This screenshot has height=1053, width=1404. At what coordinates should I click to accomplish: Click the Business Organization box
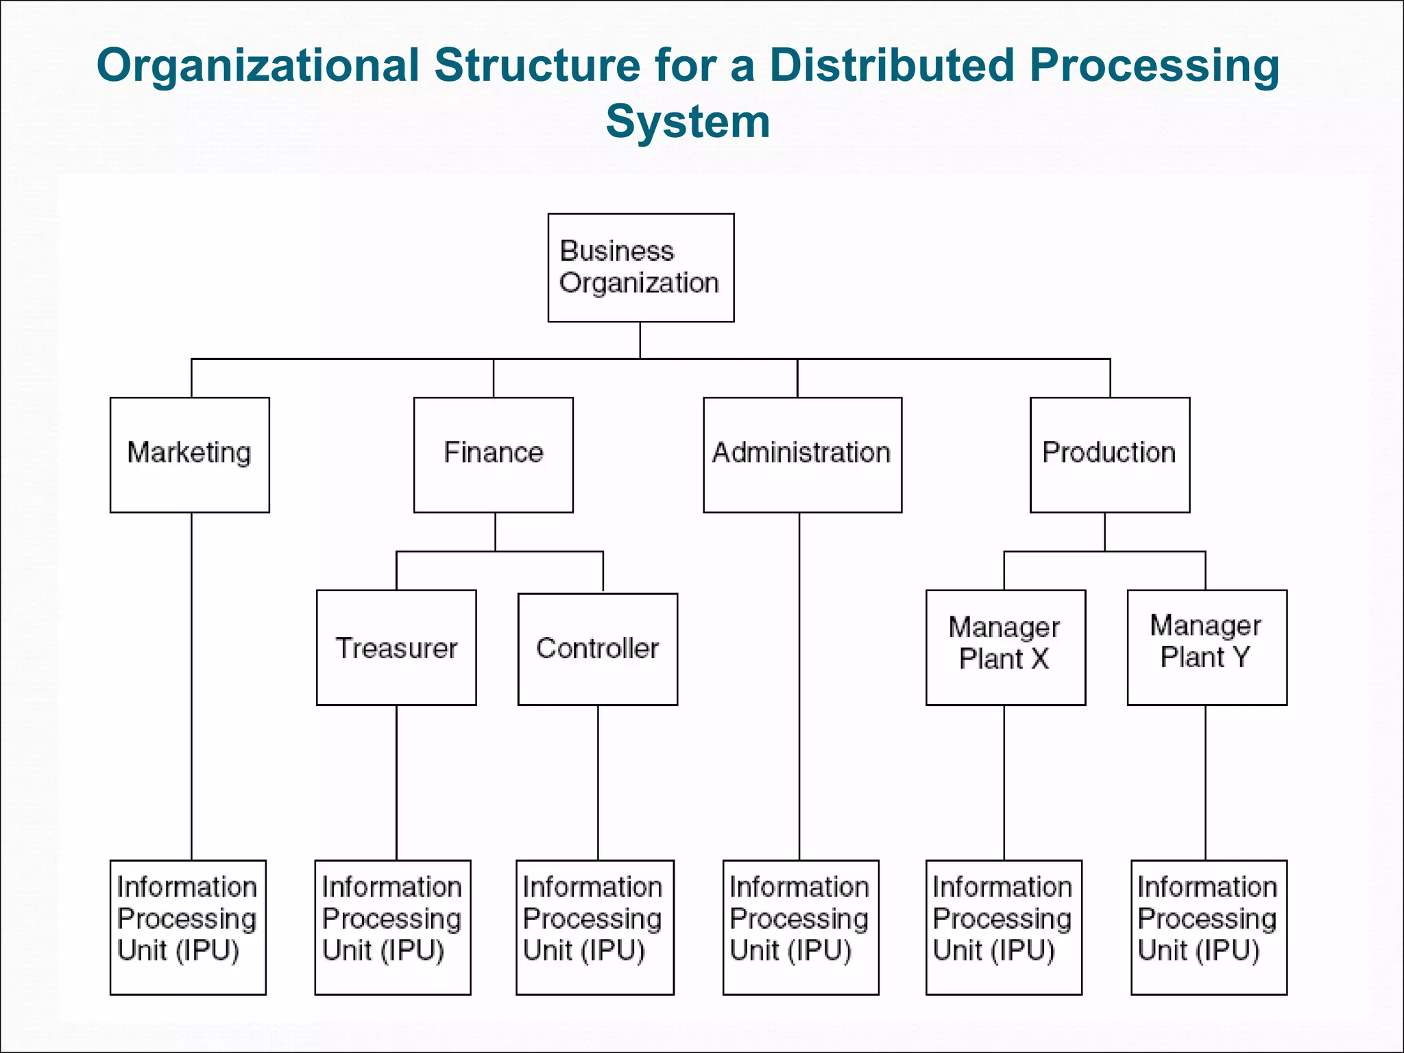tap(640, 267)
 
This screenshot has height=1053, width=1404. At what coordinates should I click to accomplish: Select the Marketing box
tap(189, 455)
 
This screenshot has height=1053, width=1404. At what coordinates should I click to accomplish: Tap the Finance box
tap(493, 455)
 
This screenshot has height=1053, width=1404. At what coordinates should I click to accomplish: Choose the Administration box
tap(802, 455)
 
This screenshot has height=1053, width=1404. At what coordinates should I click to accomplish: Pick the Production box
tap(1109, 455)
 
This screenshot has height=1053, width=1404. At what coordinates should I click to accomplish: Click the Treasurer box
tap(396, 647)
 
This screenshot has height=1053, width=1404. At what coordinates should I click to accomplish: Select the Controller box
tap(597, 649)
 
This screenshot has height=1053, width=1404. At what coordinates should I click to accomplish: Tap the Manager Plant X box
tap(1005, 647)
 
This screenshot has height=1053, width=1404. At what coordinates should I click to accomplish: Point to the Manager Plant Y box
tap(1207, 647)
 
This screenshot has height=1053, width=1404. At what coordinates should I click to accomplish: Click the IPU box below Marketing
tap(188, 927)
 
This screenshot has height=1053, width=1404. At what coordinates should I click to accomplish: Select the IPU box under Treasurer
tap(392, 927)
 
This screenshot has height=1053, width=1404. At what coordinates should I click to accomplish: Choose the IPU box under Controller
tap(594, 927)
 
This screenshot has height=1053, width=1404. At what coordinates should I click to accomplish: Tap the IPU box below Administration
tap(800, 927)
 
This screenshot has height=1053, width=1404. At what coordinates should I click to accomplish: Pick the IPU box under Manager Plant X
tap(1004, 927)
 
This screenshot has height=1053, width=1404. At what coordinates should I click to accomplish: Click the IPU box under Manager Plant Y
tap(1208, 927)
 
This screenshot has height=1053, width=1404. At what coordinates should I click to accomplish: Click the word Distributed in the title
tap(891, 66)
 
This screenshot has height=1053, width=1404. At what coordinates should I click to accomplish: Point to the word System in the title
tap(688, 121)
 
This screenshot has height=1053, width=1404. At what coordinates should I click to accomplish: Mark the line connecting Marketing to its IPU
tap(191, 686)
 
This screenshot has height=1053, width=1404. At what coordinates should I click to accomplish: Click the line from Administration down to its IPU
tap(799, 686)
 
